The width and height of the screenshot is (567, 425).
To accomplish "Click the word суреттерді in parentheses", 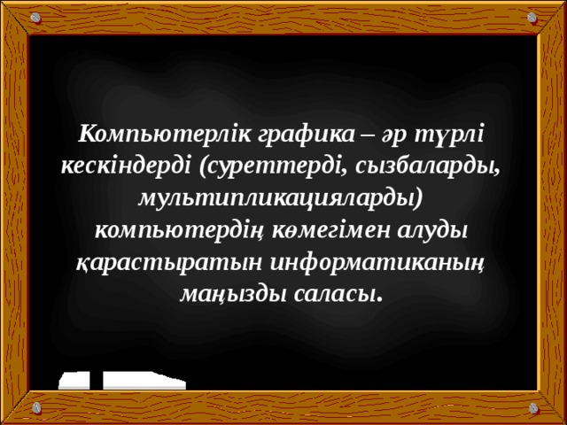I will click(268, 166).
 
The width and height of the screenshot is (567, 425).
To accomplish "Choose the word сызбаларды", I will click(424, 166).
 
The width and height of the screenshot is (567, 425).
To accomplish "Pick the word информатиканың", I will click(373, 259).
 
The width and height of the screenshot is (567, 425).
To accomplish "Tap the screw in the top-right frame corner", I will click(533, 17).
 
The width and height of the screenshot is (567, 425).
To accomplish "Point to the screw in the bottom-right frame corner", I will click(533, 409).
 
